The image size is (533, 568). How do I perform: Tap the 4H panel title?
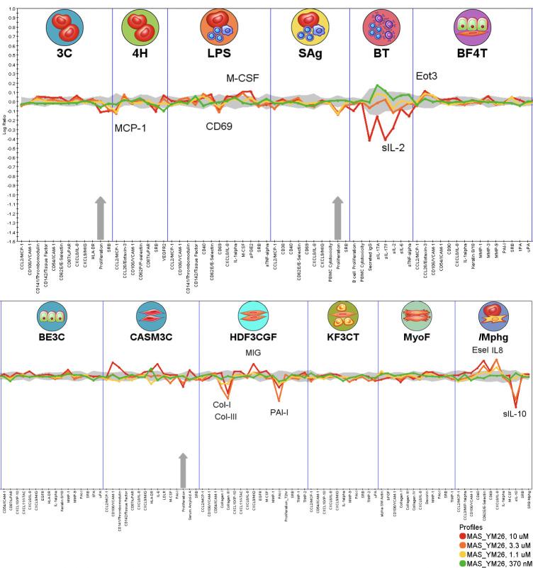(140, 55)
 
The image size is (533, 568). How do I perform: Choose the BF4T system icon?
(472, 28)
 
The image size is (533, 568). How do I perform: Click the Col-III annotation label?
(225, 416)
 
